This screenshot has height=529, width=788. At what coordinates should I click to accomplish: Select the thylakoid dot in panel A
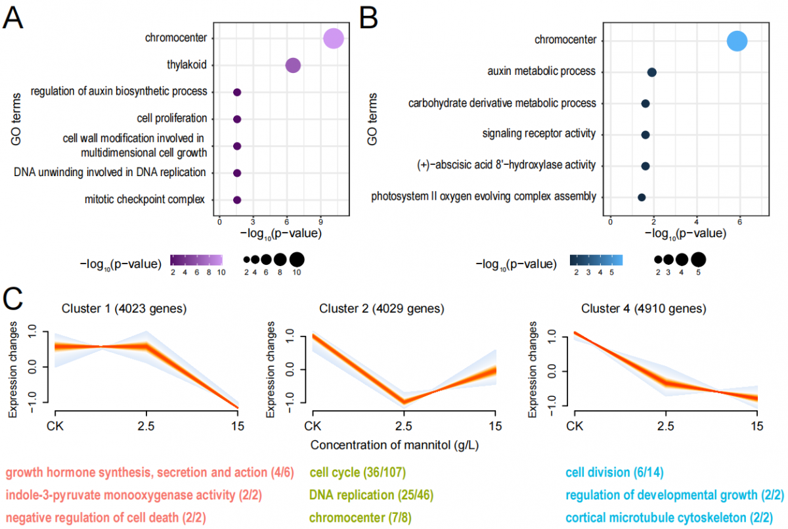point(293,65)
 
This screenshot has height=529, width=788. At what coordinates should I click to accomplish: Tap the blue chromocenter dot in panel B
point(737,41)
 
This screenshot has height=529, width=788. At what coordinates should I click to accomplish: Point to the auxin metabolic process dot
point(651,72)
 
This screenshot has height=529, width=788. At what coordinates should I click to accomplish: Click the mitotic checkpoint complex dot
point(237,200)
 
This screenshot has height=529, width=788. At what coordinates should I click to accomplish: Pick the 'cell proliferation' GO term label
point(172,119)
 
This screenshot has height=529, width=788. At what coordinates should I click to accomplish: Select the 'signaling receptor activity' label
point(538,134)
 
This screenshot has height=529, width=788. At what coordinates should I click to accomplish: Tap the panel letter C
point(15,300)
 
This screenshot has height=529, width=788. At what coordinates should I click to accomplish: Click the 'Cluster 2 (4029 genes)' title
point(382,308)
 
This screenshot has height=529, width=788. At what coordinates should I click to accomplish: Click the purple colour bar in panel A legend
point(196,260)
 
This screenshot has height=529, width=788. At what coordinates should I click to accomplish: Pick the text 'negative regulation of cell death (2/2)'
point(106,517)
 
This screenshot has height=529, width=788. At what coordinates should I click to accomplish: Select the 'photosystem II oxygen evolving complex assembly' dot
point(642,197)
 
